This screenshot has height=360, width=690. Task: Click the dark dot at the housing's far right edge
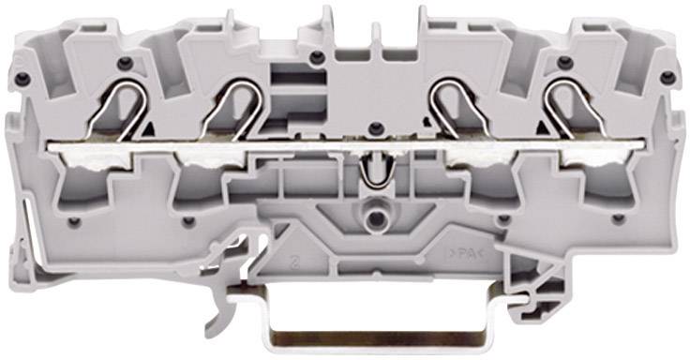point(667,76)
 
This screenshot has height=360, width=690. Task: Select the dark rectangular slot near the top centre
point(279,75)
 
